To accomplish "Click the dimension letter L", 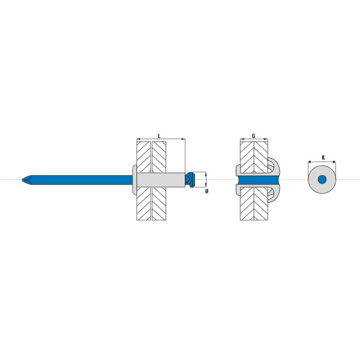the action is (159, 136).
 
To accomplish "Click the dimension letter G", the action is (253, 136).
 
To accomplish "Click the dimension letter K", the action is (323, 157).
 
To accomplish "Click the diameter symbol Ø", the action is (206, 191).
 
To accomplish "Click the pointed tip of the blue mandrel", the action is (22, 180).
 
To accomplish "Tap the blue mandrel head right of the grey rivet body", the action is (190, 179).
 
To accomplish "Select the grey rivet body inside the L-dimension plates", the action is (161, 179).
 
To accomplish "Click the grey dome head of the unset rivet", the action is (134, 179).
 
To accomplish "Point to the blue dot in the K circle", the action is (322, 179).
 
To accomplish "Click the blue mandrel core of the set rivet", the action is (259, 180).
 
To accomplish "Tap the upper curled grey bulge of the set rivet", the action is (274, 167).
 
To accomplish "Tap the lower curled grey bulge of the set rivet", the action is (274, 193).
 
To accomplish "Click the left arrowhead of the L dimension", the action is (138, 139).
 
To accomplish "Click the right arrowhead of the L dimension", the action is (184, 139).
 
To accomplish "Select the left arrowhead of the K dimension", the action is (310, 162).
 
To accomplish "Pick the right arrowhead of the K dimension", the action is (334, 162).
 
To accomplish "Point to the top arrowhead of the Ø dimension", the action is (206, 173).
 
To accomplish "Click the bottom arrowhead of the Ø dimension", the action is (206, 186).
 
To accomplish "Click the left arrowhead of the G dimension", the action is (242, 139).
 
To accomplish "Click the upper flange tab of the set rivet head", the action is (238, 170).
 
